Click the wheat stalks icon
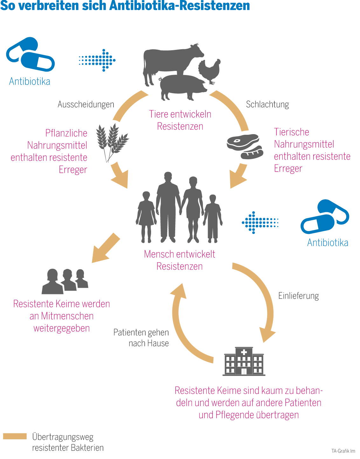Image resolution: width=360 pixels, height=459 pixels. pyautogui.click(x=111, y=141)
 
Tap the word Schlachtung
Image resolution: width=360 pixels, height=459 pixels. pyautogui.click(x=267, y=104)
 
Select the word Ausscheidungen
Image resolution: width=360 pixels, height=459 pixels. pyautogui.click(x=86, y=104)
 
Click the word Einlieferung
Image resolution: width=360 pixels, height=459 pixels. pyautogui.click(x=298, y=296)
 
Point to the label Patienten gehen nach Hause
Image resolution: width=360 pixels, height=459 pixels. pyautogui.click(x=142, y=338)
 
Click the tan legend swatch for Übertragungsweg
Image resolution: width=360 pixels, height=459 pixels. pyautogui.click(x=15, y=436)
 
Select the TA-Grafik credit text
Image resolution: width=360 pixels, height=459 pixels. pyautogui.click(x=343, y=451)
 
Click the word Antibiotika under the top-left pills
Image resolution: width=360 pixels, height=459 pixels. pyautogui.click(x=30, y=81)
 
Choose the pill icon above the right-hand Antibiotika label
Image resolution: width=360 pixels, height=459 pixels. pyautogui.click(x=324, y=216)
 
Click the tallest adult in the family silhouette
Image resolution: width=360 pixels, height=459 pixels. pyautogui.click(x=168, y=207)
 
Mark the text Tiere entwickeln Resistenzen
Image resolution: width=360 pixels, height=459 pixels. pyautogui.click(x=180, y=120)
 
